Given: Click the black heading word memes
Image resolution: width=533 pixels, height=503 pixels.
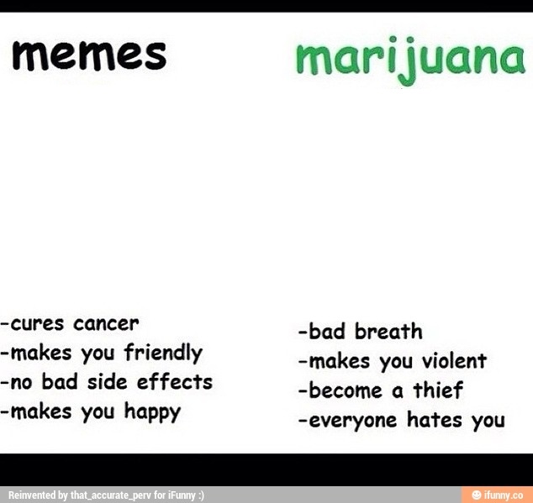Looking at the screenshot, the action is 89,56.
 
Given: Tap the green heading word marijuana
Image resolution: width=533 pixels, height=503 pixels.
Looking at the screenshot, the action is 410,60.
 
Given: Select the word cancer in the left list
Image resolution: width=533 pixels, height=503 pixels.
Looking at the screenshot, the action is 106,323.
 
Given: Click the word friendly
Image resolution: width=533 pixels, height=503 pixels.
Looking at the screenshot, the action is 163,354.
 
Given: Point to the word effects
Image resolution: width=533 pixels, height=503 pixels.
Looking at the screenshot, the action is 175,382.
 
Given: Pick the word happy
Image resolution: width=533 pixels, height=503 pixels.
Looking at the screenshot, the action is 152,412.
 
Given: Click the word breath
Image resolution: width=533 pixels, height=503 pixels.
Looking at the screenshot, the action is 388,331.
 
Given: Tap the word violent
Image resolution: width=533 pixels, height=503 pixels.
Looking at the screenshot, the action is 454,361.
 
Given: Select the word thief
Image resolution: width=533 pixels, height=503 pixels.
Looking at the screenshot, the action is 438,390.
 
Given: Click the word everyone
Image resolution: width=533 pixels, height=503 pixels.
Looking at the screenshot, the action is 353,422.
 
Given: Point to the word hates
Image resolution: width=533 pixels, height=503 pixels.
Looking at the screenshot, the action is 435,420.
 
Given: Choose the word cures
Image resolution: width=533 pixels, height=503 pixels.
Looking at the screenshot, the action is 37,323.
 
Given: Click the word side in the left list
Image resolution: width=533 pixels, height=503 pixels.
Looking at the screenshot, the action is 107,382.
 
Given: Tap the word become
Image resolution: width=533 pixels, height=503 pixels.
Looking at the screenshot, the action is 346,390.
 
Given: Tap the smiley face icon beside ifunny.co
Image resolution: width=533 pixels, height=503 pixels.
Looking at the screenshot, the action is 477,495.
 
